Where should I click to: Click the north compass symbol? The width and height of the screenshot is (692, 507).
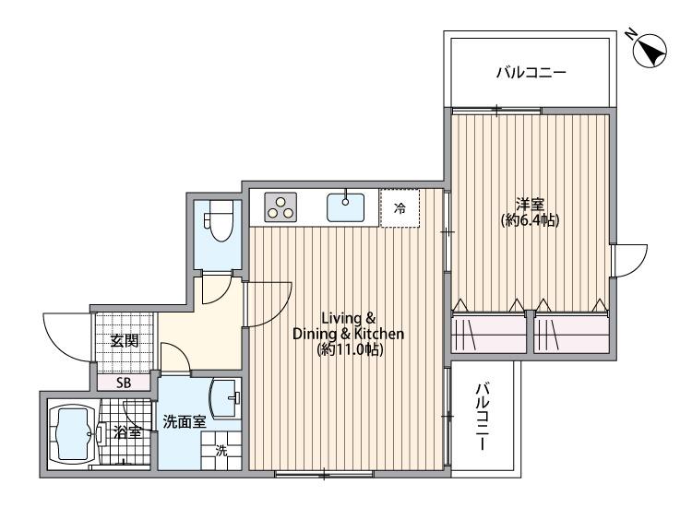pyautogui.click(x=650, y=51)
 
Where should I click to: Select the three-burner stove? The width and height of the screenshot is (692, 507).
pyautogui.click(x=280, y=207)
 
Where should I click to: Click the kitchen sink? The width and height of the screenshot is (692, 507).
pyautogui.click(x=346, y=207)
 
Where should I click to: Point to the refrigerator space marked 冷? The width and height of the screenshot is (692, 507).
pyautogui.click(x=400, y=208)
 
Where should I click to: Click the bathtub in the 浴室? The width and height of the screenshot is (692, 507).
pyautogui.click(x=73, y=433)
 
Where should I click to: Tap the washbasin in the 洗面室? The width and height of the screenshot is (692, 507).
pyautogui.click(x=226, y=398)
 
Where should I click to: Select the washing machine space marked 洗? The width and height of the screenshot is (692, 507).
pyautogui.click(x=221, y=451)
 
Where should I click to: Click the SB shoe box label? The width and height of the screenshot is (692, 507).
pyautogui.click(x=124, y=383)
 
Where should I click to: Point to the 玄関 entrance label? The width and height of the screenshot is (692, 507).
pyautogui.click(x=125, y=340)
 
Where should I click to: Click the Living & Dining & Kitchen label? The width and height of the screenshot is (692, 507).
pyautogui.click(x=348, y=325)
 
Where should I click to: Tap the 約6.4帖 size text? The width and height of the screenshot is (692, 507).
pyautogui.click(x=530, y=220)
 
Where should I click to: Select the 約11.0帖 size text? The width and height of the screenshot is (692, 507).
pyautogui.click(x=350, y=349)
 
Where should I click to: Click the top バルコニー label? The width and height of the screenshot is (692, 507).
pyautogui.click(x=531, y=72)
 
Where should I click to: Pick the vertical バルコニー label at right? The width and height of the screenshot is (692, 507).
pyautogui.click(x=483, y=417)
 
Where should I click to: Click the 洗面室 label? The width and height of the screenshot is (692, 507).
pyautogui.click(x=185, y=422)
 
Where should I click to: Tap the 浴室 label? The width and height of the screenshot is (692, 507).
pyautogui.click(x=127, y=432)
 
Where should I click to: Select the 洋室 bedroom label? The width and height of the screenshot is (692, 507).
pyautogui.click(x=530, y=204)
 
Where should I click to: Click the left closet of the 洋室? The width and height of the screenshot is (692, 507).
pyautogui.click(x=489, y=334)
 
